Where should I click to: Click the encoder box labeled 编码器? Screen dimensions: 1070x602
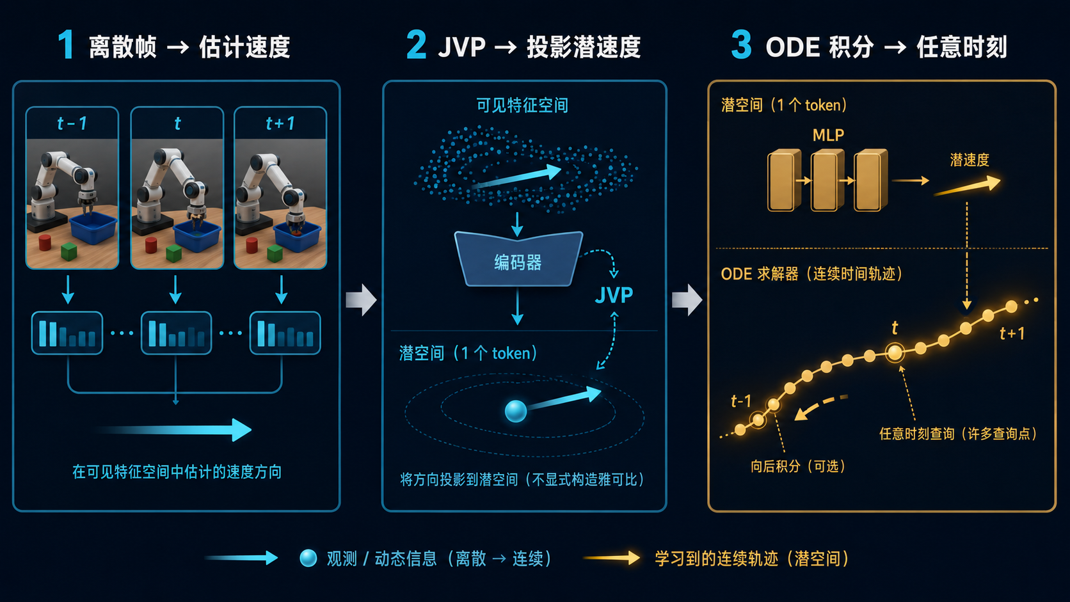518,259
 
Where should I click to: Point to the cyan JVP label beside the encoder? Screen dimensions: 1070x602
614,295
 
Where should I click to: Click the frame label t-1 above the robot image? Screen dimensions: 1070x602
72,123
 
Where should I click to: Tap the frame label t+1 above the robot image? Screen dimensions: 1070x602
280,123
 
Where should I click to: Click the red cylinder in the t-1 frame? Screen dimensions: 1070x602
45,242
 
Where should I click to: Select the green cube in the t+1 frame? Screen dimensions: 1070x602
275,253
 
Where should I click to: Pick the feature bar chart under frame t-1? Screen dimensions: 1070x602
67,333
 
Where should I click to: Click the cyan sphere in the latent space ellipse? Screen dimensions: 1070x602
516,411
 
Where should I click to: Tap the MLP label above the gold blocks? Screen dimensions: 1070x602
828,135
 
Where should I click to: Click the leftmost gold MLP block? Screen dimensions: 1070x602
784,180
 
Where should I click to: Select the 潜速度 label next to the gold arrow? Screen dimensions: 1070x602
970,160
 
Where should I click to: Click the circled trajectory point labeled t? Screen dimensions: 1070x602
895,352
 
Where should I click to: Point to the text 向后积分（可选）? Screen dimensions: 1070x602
798,466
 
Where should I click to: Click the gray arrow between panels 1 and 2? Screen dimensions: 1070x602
361,300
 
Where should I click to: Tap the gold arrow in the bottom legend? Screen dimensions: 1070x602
612,558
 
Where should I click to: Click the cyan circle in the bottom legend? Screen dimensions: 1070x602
308,558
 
